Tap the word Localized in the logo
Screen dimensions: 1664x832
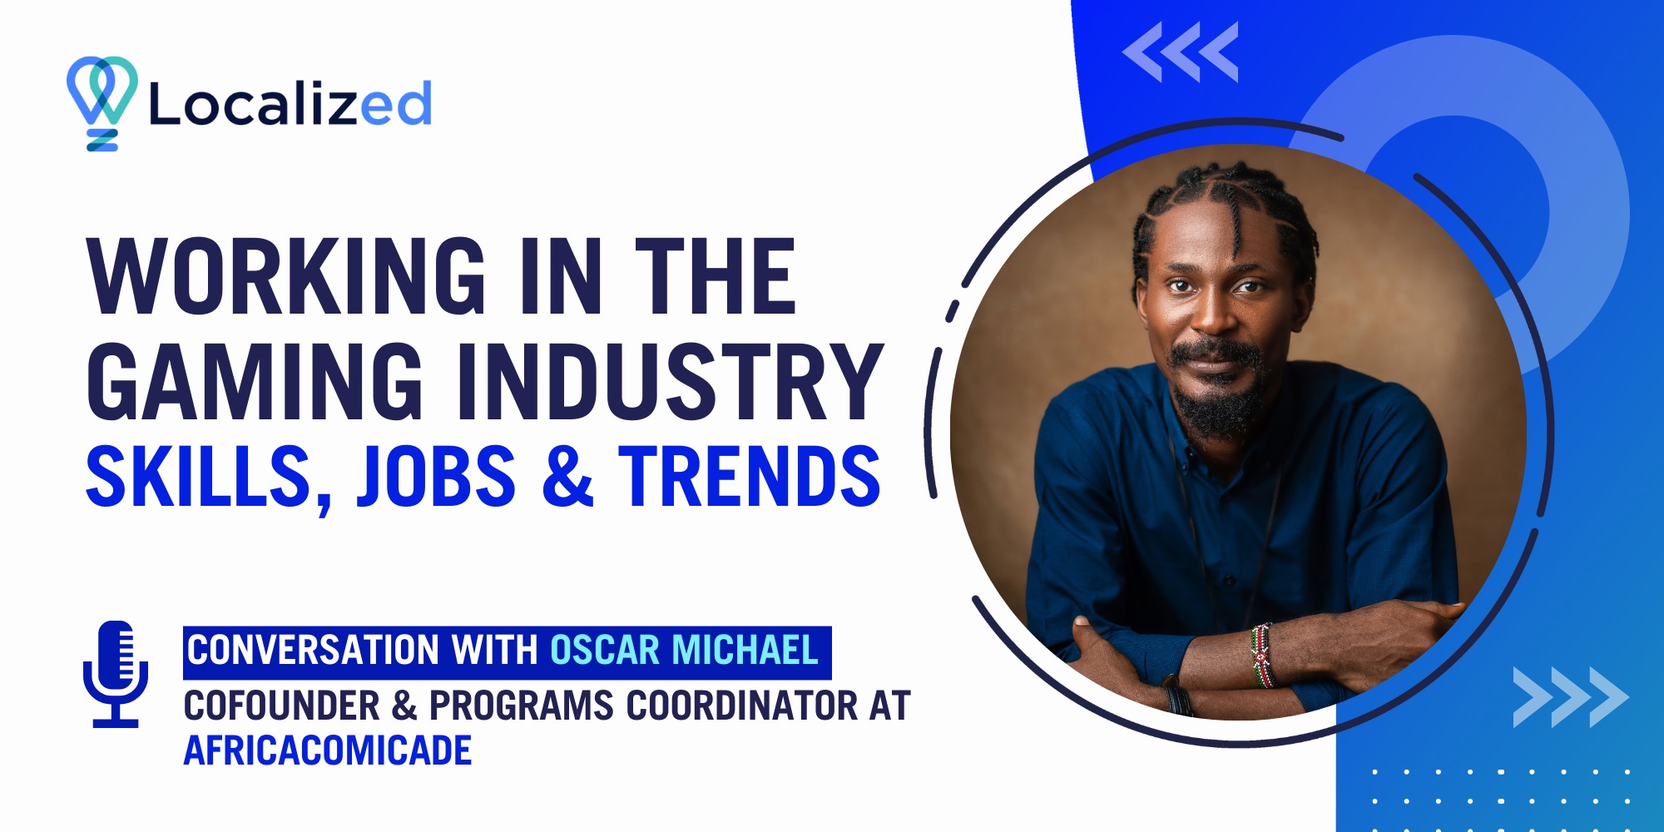[290, 104]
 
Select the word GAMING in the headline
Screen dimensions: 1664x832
[255, 380]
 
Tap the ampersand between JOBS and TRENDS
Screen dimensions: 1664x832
[567, 475]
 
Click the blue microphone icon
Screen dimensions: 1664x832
[116, 674]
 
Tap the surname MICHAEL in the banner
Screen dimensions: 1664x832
[745, 650]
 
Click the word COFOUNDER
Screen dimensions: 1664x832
[282, 706]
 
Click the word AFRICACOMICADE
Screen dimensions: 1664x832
[328, 750]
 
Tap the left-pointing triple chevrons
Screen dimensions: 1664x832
[1181, 52]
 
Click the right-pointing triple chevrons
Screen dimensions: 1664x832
[1571, 697]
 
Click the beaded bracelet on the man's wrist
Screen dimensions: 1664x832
[1262, 654]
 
